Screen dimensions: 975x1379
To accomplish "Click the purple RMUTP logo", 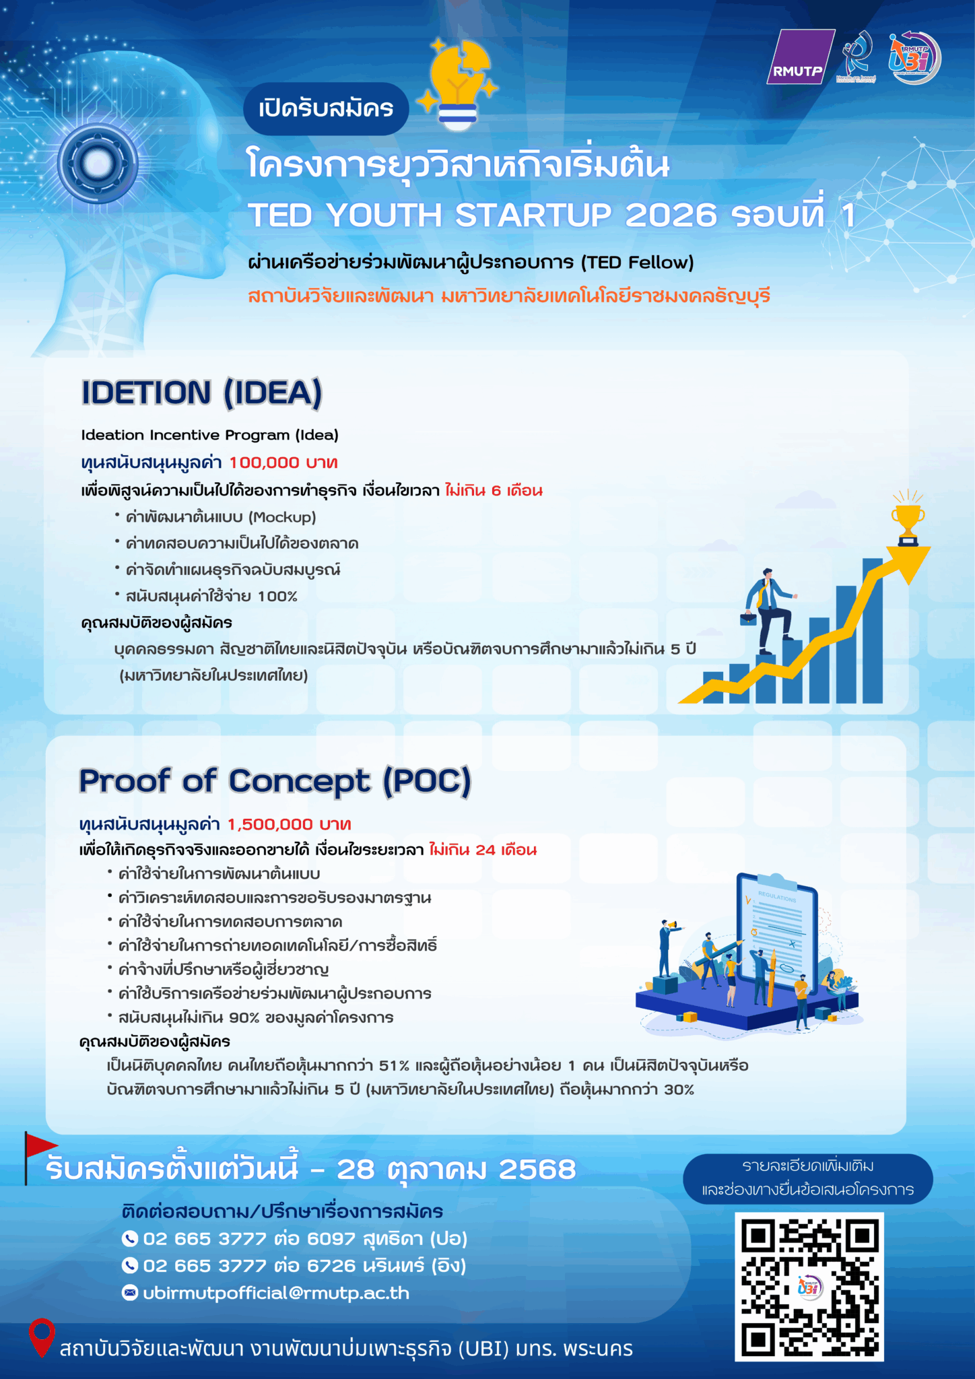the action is point(800,57).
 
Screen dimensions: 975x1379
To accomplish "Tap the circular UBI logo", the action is point(914,58).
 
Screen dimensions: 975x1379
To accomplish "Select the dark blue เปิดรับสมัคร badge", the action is point(326,108).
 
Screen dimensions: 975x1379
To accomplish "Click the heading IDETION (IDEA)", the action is point(201,393).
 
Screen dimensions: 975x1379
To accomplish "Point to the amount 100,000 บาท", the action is point(283,463).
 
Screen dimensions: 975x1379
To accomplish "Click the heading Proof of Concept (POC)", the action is point(275,781).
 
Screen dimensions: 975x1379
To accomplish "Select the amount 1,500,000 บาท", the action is point(289,824).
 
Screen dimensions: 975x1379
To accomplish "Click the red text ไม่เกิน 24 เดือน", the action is point(483,850).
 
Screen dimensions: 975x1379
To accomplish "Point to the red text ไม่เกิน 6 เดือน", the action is point(494,490).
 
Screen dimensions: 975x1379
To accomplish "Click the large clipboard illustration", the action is point(778,933).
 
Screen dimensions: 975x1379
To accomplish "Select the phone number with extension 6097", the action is point(294,1238).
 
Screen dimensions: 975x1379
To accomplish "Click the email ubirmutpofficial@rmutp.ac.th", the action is point(265,1293).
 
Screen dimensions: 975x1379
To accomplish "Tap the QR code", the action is point(809,1287).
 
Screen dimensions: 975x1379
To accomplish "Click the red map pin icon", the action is point(42,1337).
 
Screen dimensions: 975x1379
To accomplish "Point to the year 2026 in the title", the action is point(671,215).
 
